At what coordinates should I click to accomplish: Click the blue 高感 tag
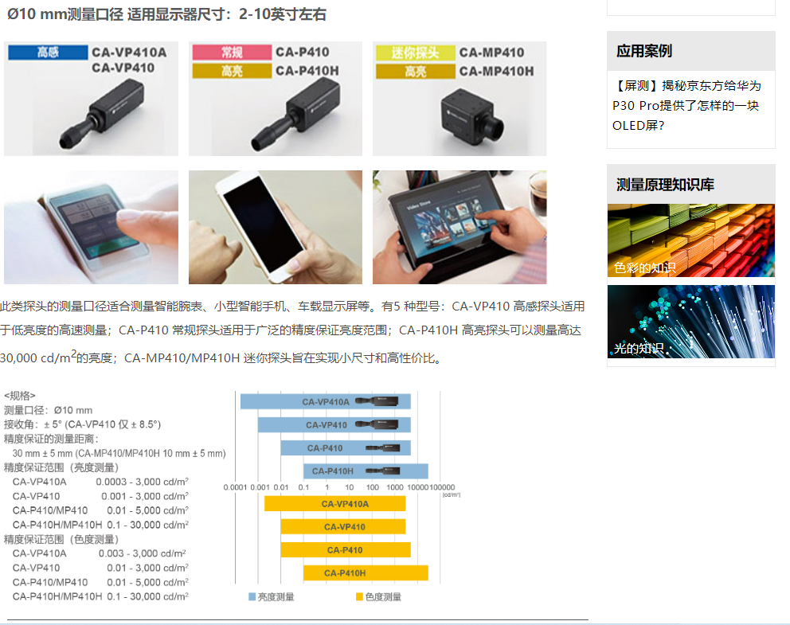coord(48,53)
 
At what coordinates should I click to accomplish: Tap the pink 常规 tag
coord(232,53)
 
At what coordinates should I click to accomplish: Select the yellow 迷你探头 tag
coord(415,53)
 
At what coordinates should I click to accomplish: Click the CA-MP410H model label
coord(496,72)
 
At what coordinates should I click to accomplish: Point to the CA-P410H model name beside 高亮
coord(307,71)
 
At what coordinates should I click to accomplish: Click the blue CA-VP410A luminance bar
coord(326,401)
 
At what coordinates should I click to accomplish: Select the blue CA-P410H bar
coord(366,471)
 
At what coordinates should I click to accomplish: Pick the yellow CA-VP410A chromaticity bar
coord(335,504)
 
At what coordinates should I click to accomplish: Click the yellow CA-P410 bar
coord(346,550)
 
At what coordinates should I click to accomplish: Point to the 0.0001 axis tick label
coord(235,487)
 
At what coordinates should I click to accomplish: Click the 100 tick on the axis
coord(373,487)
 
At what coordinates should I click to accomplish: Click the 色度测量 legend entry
coord(378,597)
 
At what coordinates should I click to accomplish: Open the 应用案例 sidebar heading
coord(644,51)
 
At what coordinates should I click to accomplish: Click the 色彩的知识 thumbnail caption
coord(645,268)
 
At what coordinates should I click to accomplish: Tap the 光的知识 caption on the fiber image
coord(639,349)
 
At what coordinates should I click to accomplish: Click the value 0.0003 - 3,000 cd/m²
coord(142,482)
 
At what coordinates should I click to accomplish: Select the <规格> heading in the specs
coord(20,396)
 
